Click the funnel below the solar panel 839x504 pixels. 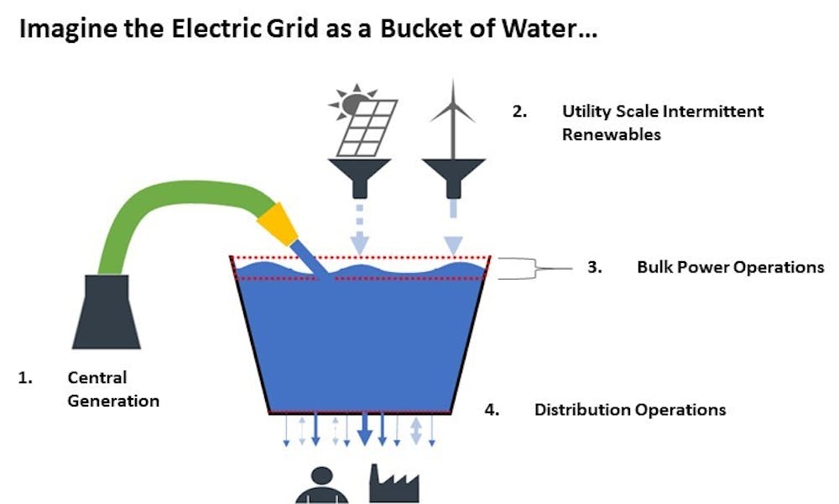pos(358,175)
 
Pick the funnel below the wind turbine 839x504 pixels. pos(454,175)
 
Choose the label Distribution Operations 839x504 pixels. pos(629,410)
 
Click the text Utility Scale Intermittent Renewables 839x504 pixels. pos(663,122)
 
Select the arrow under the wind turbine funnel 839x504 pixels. pos(454,227)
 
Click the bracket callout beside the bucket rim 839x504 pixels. pos(516,268)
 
